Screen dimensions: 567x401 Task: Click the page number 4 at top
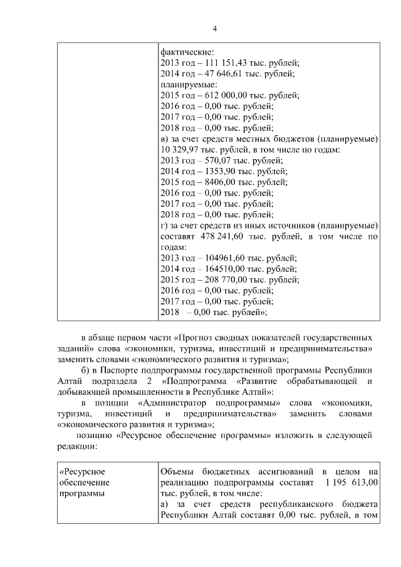214,29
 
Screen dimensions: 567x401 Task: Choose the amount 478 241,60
226,237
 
